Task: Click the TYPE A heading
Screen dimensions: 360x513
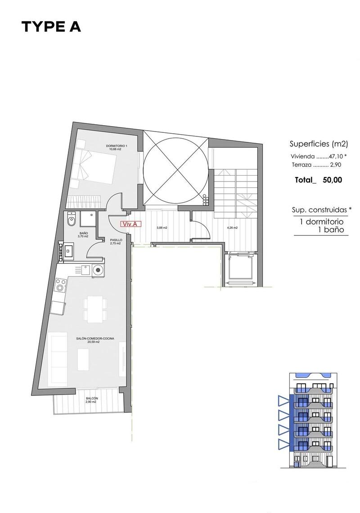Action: [51, 27]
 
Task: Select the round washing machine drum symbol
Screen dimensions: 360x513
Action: [98, 270]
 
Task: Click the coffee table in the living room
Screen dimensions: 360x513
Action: [83, 359]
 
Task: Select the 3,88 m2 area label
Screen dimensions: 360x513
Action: [162, 228]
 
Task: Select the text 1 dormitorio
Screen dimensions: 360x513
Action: [322, 222]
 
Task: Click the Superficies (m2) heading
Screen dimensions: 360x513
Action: [319, 144]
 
